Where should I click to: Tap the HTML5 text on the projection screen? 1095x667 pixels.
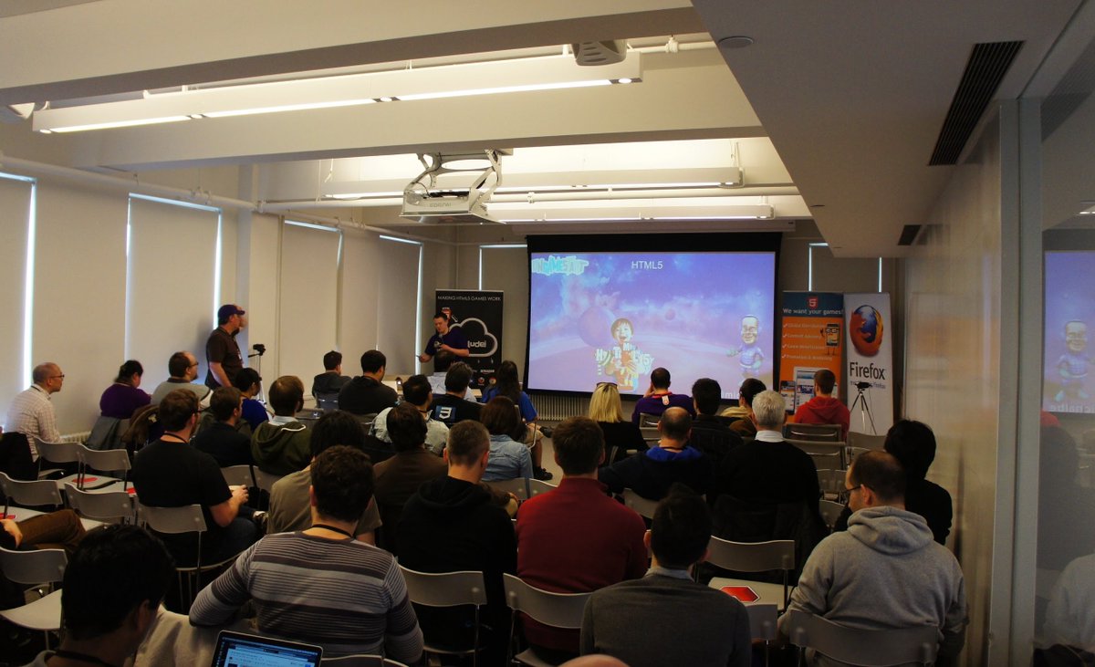(646, 265)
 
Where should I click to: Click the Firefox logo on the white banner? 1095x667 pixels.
(866, 329)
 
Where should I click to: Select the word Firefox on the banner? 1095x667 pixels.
(866, 370)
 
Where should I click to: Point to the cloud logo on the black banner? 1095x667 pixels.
(478, 338)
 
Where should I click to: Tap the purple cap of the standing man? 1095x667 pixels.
(230, 311)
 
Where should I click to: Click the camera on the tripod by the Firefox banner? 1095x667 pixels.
(861, 388)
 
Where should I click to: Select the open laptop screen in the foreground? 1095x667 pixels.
(266, 651)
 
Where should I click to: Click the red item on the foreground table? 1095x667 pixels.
(739, 593)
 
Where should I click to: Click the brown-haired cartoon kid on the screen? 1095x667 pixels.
(622, 351)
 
